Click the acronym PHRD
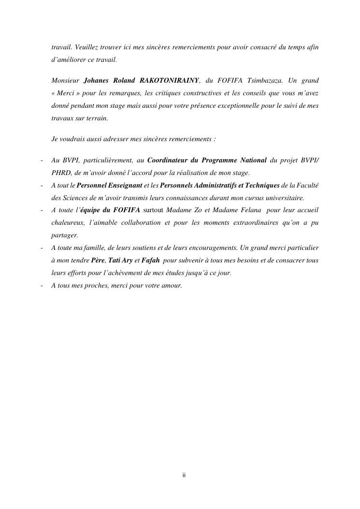[x=61, y=173]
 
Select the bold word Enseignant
[x=122, y=185]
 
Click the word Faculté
[x=307, y=185]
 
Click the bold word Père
[x=98, y=261]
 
